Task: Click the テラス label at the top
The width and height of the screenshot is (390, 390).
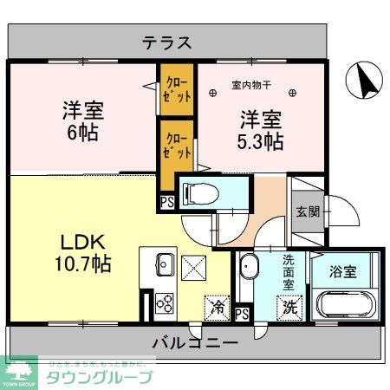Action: pos(166,42)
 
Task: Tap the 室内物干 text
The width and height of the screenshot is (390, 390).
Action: pos(253,85)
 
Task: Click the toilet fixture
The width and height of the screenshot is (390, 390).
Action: pos(198,192)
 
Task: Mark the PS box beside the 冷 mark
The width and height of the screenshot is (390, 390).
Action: pos(242,314)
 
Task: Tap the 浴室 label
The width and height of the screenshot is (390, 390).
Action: pos(342,272)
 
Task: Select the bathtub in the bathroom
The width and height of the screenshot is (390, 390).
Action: pos(344,305)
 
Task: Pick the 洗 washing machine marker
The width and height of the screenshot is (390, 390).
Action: pos(286,306)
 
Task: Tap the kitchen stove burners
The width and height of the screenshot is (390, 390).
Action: pos(164,305)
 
